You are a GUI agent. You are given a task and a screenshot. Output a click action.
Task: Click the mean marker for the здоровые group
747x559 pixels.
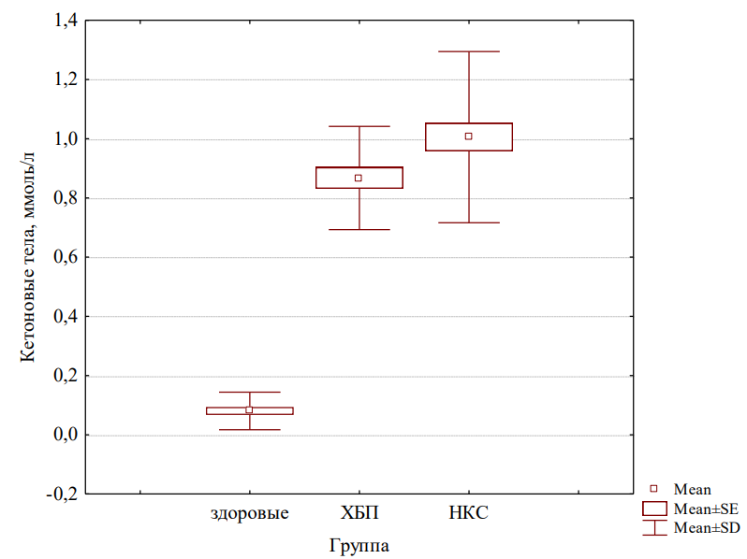pyautogui.click(x=249, y=409)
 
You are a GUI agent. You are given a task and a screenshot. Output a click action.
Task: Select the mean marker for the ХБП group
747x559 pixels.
pyautogui.click(x=359, y=178)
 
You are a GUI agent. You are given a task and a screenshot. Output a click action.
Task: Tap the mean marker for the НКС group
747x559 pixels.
pyautogui.click(x=468, y=136)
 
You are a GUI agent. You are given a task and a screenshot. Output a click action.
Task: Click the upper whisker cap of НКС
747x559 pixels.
pyautogui.click(x=468, y=51)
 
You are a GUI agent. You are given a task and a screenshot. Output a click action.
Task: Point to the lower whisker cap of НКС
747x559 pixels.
pyautogui.click(x=468, y=222)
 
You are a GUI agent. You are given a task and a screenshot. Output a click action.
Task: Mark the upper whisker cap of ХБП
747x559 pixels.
pyautogui.click(x=359, y=126)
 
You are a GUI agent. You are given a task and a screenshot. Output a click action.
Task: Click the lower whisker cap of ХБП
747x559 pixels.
pyautogui.click(x=359, y=229)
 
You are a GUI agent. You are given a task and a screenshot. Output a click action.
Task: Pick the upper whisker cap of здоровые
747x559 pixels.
pyautogui.click(x=249, y=392)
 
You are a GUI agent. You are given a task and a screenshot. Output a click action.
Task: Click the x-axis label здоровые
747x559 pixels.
pyautogui.click(x=249, y=513)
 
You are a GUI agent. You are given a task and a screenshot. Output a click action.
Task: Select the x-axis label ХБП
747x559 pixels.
pyautogui.click(x=359, y=513)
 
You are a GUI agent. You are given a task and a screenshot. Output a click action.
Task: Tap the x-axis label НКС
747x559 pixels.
pyautogui.click(x=469, y=513)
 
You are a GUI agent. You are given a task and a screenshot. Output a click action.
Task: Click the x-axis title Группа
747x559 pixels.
pyautogui.click(x=359, y=544)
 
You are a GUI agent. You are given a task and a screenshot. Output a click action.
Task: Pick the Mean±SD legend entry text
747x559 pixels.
pyautogui.click(x=707, y=528)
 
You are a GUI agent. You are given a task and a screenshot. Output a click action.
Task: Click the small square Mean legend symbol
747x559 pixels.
pyautogui.click(x=654, y=489)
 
